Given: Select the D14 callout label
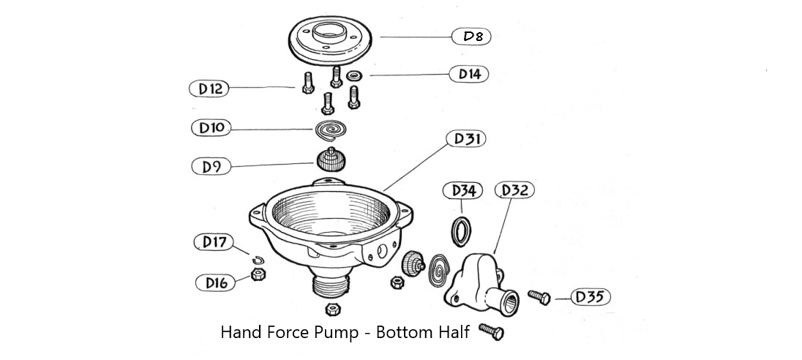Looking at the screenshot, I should point(468,74).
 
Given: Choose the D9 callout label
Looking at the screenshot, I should point(211,166).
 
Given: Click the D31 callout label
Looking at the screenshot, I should point(465,138).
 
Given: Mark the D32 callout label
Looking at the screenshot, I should point(515,191).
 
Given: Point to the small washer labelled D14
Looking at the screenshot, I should point(355,75).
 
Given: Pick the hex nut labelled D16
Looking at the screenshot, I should point(258,275).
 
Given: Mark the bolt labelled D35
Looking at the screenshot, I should point(539,297).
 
